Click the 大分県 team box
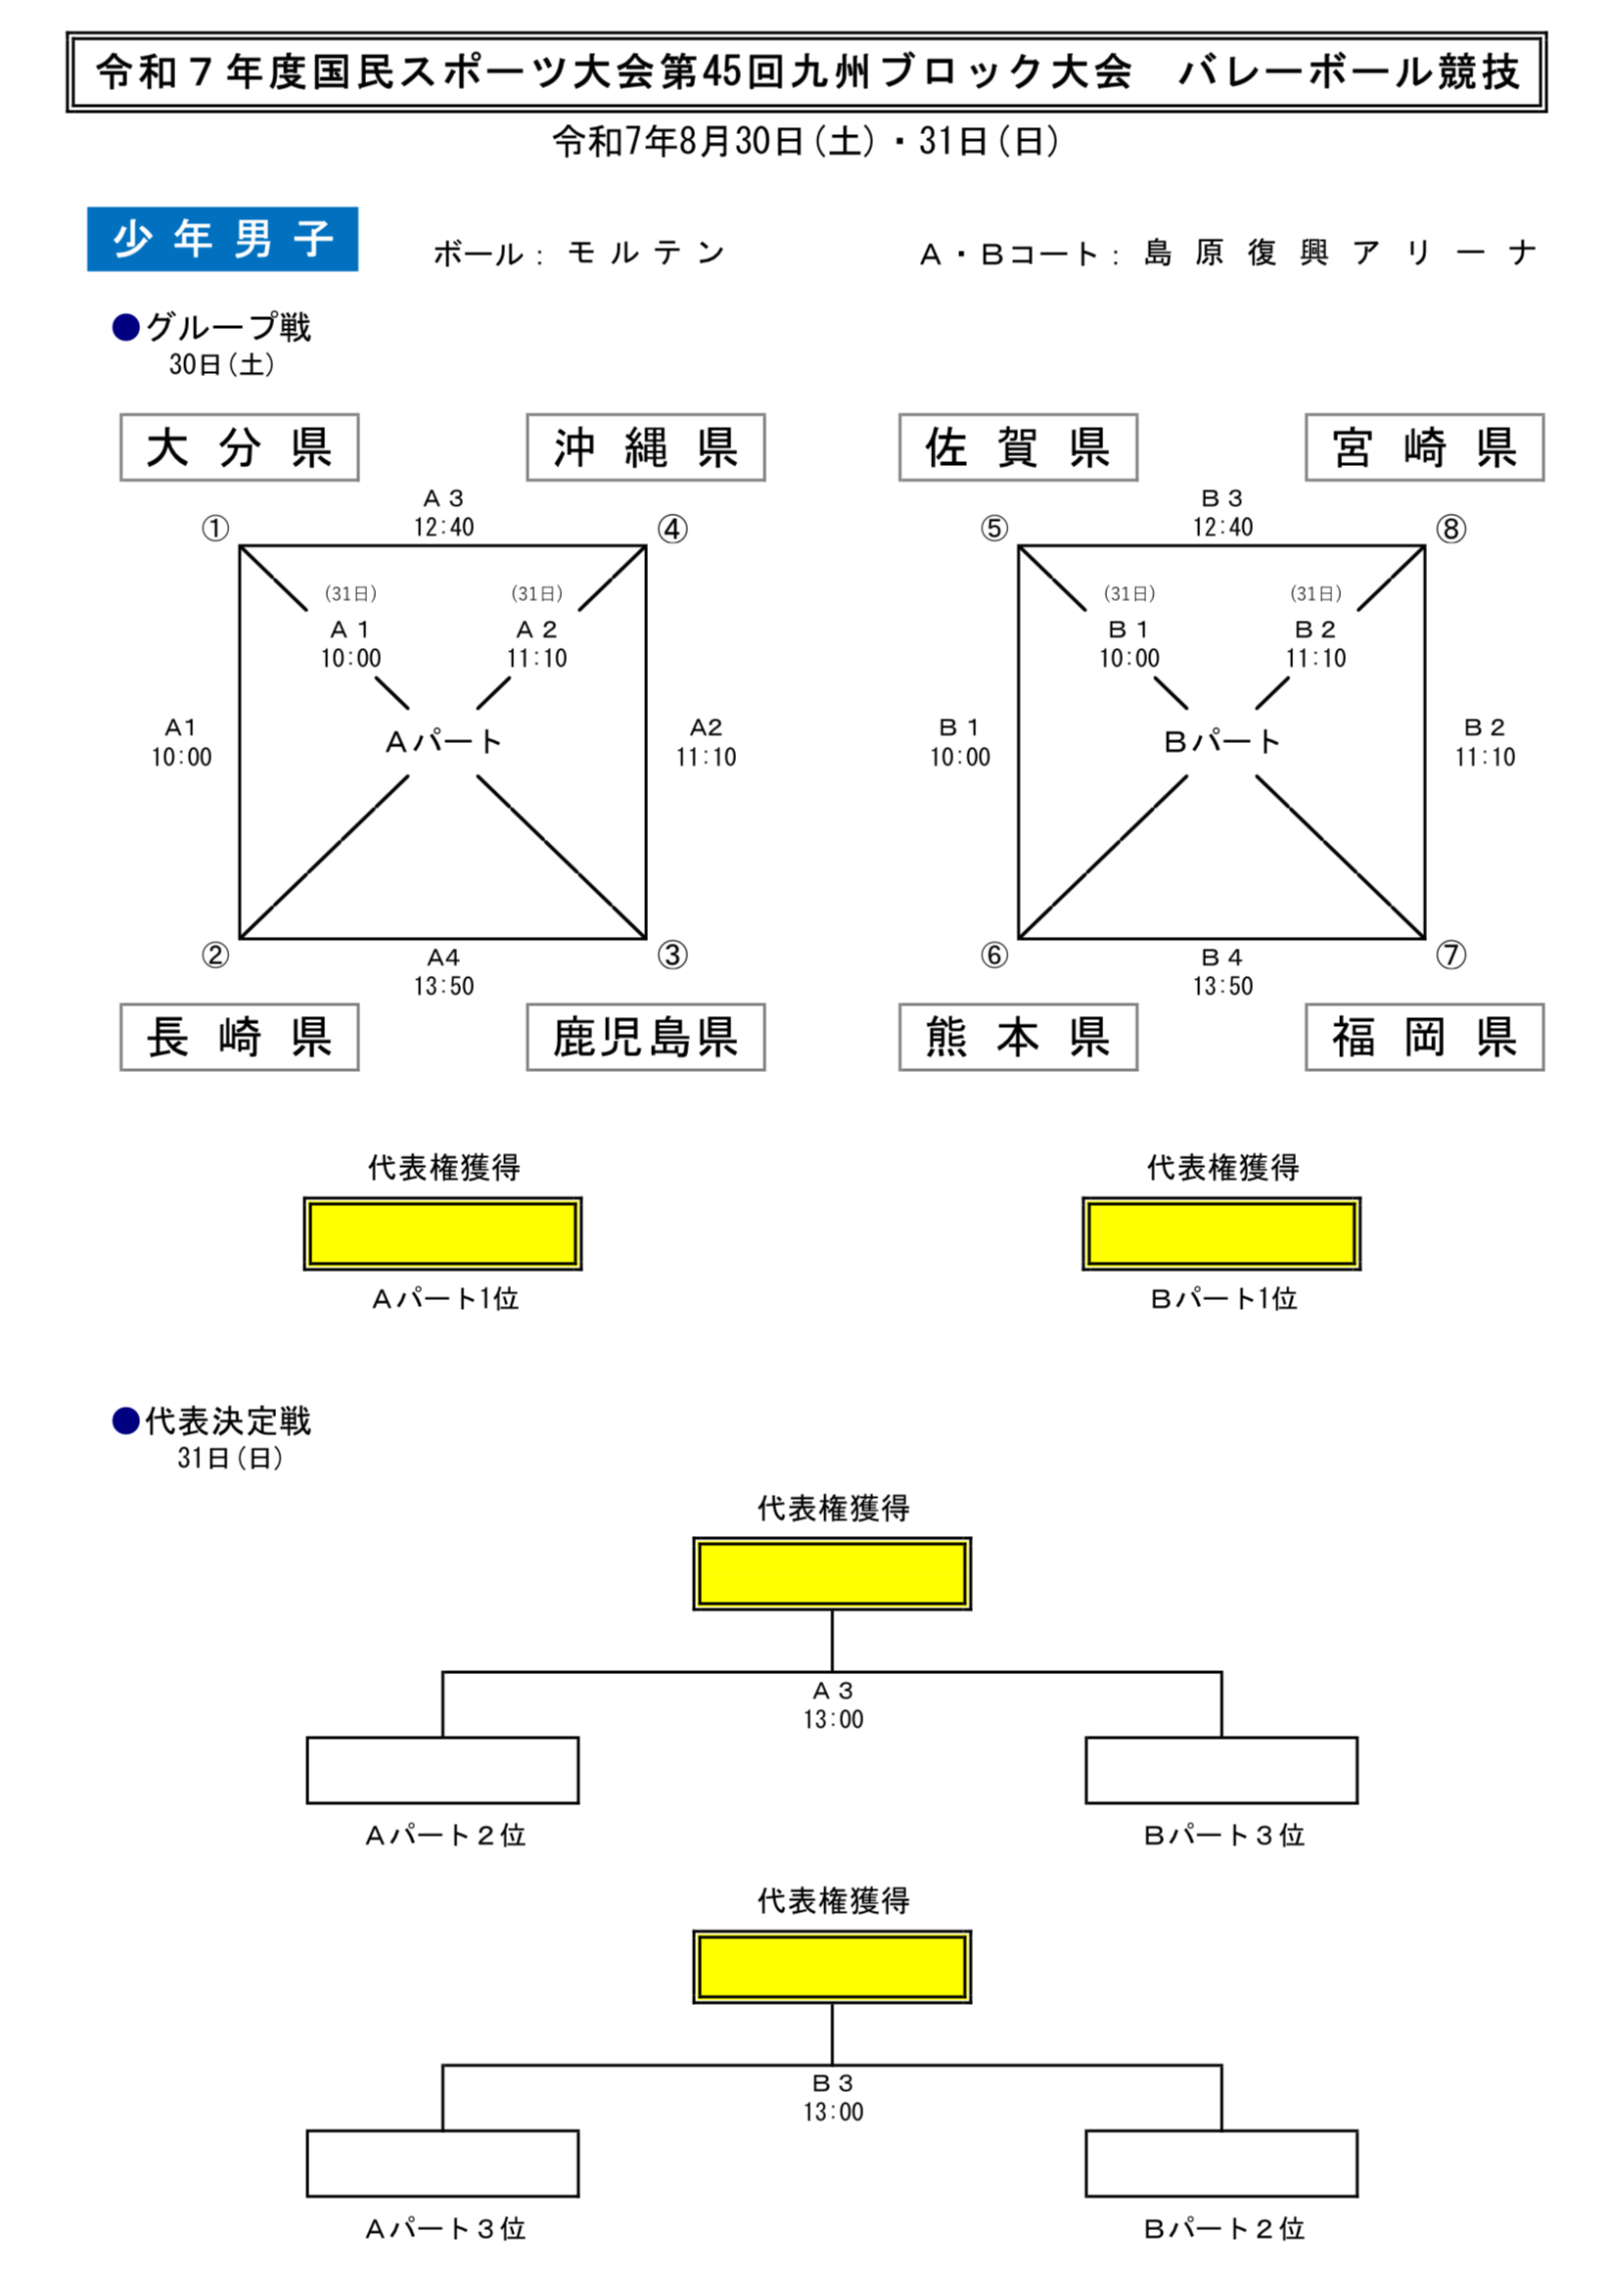pos(240,447)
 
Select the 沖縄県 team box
pos(646,447)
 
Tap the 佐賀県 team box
pos(1018,447)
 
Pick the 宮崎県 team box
pos(1424,447)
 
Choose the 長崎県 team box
pos(240,1037)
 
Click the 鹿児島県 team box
pos(646,1037)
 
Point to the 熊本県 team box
pos(1018,1037)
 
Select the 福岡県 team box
pos(1424,1037)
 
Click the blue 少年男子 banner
pos(222,240)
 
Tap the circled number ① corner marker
pos(215,529)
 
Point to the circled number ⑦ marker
pos(1451,954)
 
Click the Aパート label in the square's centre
pos(443,742)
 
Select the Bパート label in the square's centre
pos(1221,742)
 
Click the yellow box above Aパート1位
pos(443,1234)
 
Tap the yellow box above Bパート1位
pos(1221,1234)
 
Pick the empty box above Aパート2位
pos(443,1770)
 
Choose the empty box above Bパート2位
pos(1221,2164)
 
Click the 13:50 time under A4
pos(444,987)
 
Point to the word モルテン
pos(647,255)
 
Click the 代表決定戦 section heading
pos(227,1421)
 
